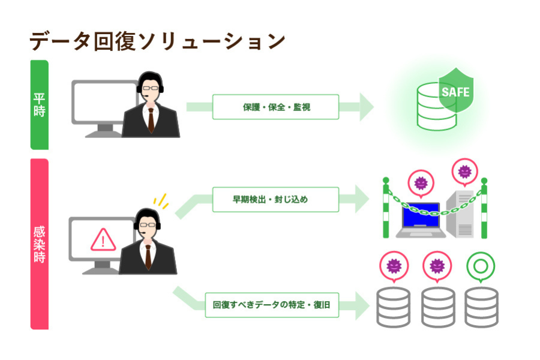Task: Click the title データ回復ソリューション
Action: (157, 41)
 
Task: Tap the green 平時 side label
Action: (39, 105)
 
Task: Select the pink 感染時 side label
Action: (39, 244)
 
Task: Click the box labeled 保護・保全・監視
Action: (275, 107)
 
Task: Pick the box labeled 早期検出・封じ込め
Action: (275, 199)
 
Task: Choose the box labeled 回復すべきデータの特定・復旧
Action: (272, 305)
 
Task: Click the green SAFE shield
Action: (455, 90)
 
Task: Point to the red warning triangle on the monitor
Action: (103, 239)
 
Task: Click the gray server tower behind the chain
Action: (460, 214)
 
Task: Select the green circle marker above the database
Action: (481, 266)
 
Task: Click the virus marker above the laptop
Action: (421, 183)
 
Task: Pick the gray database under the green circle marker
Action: (481, 307)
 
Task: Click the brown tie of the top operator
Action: (151, 120)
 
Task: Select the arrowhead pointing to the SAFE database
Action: (367, 107)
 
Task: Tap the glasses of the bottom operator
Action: (148, 225)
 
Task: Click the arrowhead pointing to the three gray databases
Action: (362, 305)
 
